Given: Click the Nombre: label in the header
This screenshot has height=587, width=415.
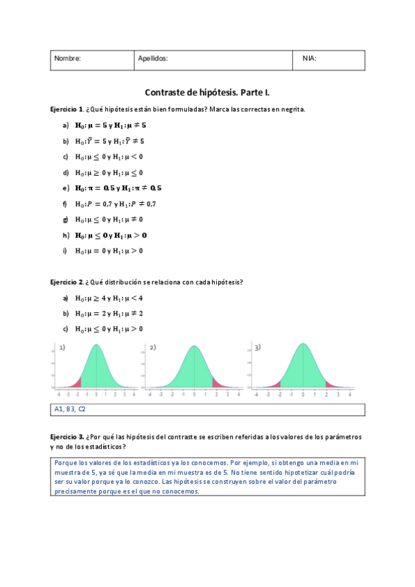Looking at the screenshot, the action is [67, 59].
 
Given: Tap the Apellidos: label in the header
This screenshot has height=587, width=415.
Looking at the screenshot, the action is [152, 59].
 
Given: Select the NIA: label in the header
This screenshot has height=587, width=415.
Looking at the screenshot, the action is [310, 59].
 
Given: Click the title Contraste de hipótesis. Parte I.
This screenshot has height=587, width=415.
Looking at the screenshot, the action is [208, 92].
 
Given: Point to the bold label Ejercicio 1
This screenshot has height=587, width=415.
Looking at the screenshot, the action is [67, 109].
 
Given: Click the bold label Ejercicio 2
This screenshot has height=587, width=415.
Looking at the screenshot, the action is [67, 282].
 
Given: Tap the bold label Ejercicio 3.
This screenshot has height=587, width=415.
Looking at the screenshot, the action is [67, 437].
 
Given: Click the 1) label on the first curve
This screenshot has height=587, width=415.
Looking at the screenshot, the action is [62, 347].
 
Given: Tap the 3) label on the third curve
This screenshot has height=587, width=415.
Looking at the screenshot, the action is [257, 347].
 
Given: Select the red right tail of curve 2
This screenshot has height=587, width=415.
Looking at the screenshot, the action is [216, 382].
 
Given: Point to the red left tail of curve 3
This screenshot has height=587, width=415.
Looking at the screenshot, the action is [276, 383].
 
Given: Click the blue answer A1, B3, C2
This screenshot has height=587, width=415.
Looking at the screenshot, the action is [70, 409].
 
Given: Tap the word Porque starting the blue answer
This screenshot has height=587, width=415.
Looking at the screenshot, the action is [67, 462].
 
